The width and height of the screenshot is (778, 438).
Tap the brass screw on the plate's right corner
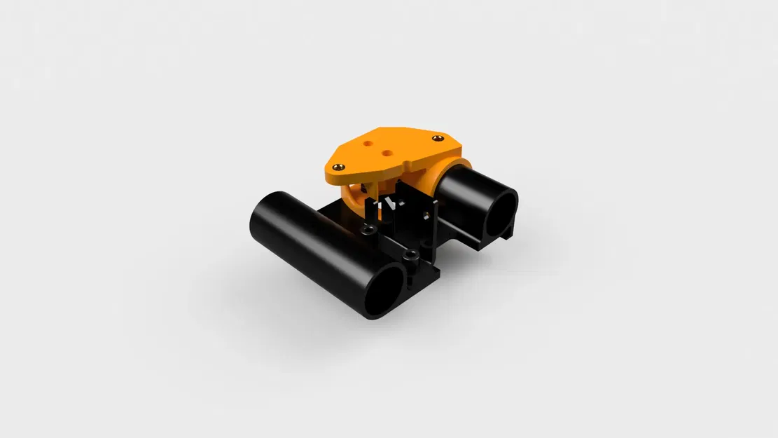438,139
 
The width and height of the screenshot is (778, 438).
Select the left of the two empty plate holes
369,142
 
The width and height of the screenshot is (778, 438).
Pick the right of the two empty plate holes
386,149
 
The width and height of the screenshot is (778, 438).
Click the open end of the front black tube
384,289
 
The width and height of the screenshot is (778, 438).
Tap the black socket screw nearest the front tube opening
411,254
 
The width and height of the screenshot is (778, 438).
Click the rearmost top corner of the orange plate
382,128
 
